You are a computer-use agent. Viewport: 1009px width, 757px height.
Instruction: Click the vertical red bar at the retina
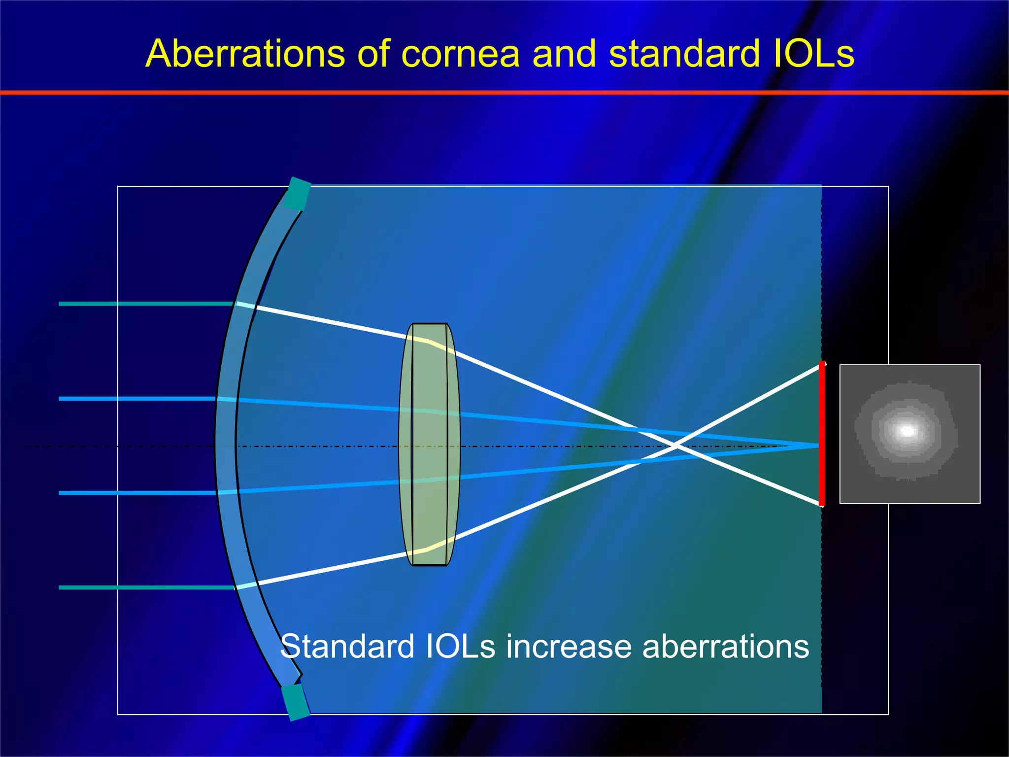click(x=821, y=434)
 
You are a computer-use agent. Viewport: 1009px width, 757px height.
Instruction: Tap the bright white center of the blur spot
click(x=907, y=431)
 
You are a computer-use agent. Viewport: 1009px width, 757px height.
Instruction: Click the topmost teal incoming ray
click(x=145, y=304)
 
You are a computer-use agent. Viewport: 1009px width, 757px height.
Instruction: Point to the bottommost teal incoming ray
click(x=145, y=587)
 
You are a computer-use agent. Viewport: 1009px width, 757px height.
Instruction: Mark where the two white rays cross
click(x=676, y=446)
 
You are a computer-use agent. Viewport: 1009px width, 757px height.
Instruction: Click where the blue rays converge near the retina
click(x=808, y=446)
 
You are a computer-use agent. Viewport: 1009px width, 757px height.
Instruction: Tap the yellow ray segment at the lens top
click(x=434, y=344)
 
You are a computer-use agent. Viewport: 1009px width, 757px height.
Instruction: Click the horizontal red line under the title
click(x=504, y=92)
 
